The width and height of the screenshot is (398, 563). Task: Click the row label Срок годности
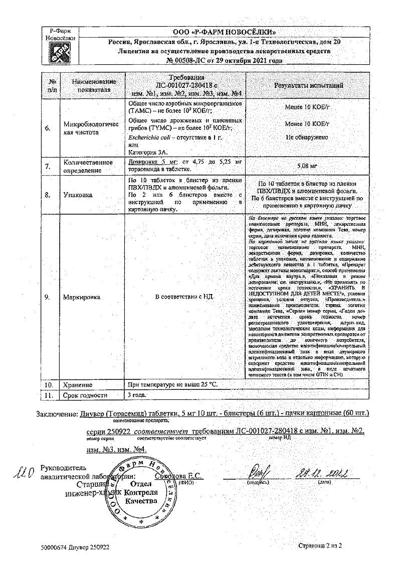click(x=85, y=395)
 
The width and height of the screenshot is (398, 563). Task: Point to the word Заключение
click(x=57, y=413)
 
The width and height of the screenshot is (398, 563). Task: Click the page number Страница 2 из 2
click(x=319, y=545)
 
